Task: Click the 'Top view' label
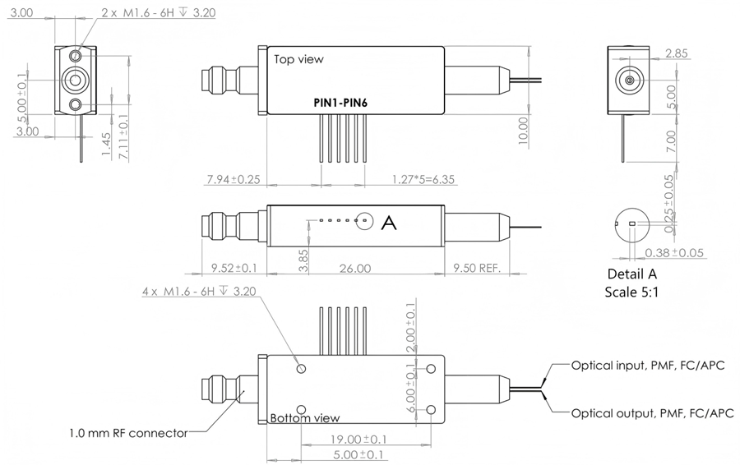(x=298, y=59)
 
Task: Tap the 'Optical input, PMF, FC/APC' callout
(x=647, y=364)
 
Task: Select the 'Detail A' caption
(x=632, y=274)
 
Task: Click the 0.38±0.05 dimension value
(x=674, y=252)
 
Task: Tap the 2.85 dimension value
(x=676, y=54)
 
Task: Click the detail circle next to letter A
(x=363, y=221)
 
